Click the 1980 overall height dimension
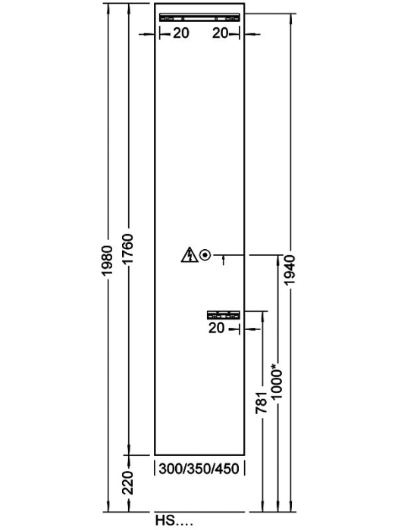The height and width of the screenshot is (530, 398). coord(107,260)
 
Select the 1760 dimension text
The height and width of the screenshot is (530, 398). coord(128,249)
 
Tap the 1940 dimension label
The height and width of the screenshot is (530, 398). coord(290,270)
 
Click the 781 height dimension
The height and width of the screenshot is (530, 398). coord(262,403)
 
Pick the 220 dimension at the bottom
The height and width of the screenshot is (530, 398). coord(128,482)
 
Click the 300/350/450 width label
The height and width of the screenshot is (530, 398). coord(199,469)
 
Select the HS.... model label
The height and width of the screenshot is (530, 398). coord(174,520)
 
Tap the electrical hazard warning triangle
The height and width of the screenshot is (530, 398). coord(190,255)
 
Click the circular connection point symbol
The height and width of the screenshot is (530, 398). coord(205,255)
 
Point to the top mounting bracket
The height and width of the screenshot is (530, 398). coord(199,17)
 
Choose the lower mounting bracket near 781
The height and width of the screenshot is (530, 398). coord(224,315)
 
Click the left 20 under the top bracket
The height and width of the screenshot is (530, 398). coord(181,33)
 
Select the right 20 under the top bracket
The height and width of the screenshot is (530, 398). coord(221,33)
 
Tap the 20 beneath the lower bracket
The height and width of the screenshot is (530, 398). coord(217,328)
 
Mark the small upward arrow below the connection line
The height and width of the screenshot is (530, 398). coord(224,260)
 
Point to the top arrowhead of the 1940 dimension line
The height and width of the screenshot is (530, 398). coord(290,19)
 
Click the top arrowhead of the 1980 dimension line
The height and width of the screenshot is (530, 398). coord(108,8)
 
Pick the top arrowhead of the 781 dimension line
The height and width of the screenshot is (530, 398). coord(262,316)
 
